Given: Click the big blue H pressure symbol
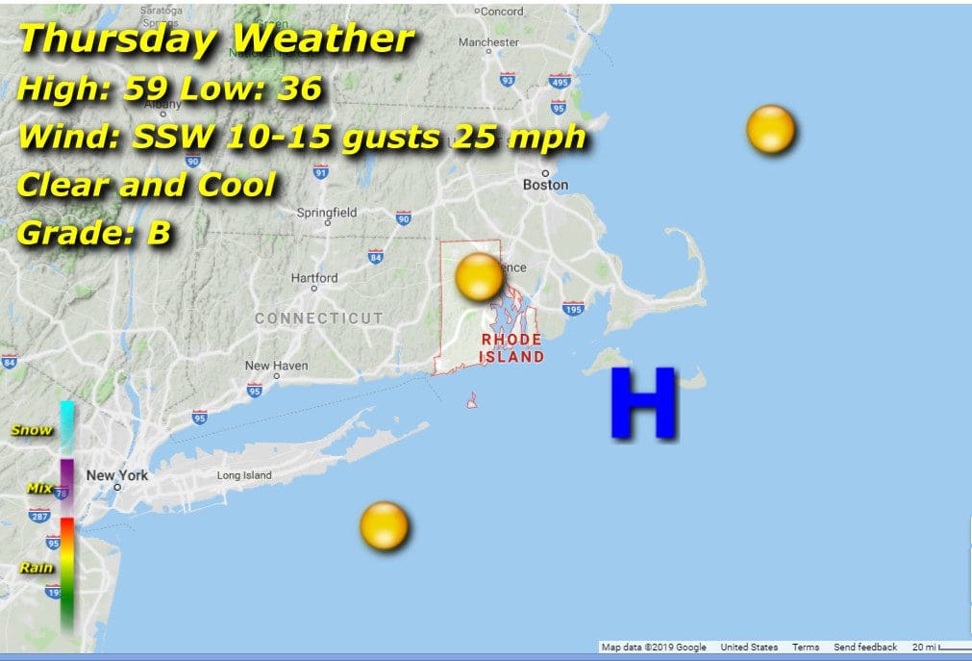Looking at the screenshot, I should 643,404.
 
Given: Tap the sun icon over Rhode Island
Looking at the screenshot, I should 479,277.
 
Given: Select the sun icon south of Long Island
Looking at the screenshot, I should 385,526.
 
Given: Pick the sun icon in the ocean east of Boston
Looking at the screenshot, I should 771,130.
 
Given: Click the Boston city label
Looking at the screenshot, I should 545,185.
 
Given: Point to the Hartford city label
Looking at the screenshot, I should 314,278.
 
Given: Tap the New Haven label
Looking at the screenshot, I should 276,366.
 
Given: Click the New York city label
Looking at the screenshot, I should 117,475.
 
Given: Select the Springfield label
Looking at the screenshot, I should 326,213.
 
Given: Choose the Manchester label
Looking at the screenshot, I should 488,42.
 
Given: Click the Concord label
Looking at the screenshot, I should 501,12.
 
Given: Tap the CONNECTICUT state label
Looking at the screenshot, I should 318,318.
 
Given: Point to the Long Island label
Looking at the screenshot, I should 244,475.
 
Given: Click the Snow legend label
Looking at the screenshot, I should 32,430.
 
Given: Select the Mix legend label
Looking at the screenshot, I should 39,488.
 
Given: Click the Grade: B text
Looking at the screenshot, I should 94,233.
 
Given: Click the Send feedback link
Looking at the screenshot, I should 865,648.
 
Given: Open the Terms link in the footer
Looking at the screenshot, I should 806,648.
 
